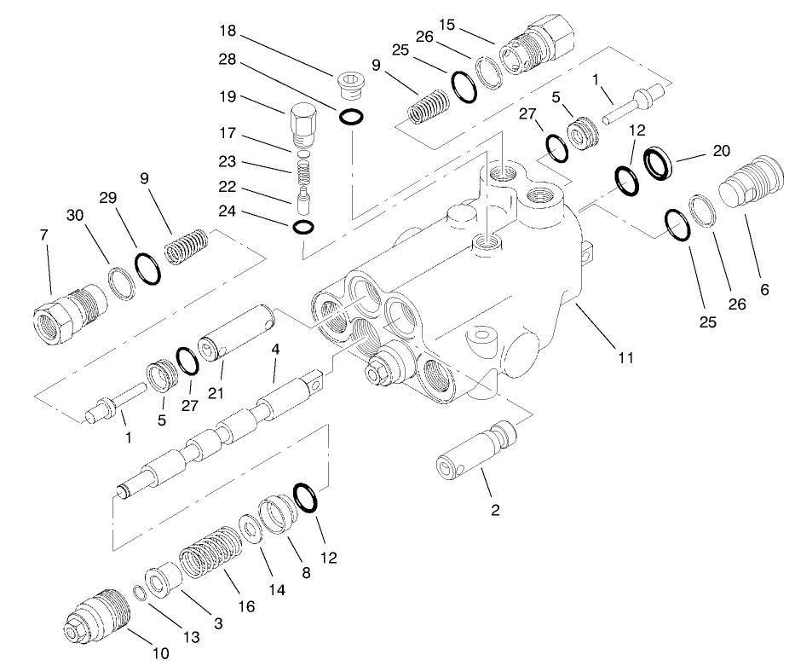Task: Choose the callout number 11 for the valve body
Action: [x=625, y=358]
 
